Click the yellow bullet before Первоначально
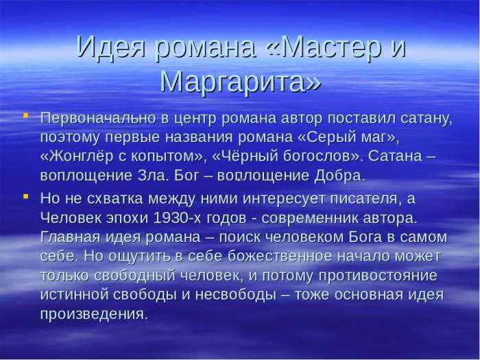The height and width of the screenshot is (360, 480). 26,115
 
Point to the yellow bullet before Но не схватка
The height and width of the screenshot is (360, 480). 26,195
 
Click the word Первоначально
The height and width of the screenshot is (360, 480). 98,118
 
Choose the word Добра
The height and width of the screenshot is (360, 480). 340,176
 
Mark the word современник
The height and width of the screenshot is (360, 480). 312,218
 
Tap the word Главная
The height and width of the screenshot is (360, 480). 70,237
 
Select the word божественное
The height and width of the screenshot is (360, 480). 280,256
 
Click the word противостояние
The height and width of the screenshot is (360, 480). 378,276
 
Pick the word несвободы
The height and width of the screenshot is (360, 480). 236,294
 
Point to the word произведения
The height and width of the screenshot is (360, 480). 94,314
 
